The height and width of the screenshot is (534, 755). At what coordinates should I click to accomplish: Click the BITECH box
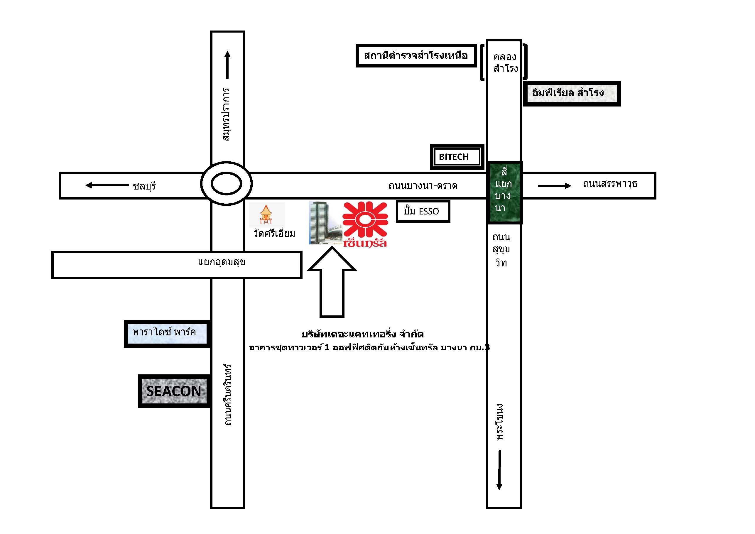tap(457, 157)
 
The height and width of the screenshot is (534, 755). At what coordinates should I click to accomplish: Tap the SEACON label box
tap(174, 391)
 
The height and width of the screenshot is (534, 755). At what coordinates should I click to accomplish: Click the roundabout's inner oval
tap(226, 184)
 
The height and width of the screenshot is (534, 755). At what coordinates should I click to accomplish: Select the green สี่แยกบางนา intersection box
tap(504, 193)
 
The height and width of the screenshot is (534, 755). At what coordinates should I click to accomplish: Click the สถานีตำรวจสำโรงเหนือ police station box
tap(416, 55)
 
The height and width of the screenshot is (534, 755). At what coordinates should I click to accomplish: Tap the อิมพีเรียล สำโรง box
tap(572, 93)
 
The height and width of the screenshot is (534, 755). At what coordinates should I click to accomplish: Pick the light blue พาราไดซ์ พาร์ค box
tap(167, 333)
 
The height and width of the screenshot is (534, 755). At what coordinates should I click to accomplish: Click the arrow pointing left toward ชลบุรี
tap(107, 185)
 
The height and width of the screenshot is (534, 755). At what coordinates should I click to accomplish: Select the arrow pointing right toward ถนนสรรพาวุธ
tap(554, 186)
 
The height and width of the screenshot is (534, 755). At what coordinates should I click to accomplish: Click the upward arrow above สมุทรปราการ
tap(227, 65)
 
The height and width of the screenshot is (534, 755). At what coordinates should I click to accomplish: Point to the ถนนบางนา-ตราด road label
tap(423, 186)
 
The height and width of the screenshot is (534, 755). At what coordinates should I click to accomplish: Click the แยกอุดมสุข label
tap(222, 262)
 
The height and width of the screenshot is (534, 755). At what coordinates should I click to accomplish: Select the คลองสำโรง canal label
tap(505, 62)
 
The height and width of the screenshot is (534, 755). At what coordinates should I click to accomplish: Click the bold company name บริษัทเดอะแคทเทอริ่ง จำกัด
tap(362, 334)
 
